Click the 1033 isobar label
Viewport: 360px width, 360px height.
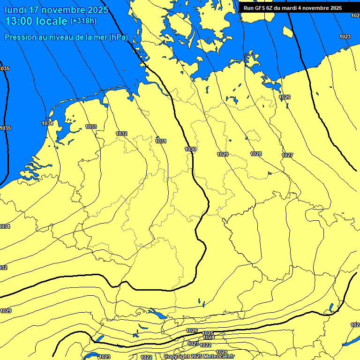[x=91, y=127]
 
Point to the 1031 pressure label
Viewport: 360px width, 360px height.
[x=161, y=141]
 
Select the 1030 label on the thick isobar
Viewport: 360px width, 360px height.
[x=190, y=149]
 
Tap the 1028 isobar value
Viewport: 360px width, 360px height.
[x=256, y=154]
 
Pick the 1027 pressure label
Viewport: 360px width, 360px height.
[x=287, y=155]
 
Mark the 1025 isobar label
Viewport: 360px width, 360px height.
[x=208, y=333]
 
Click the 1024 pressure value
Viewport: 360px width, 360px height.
[x=209, y=337]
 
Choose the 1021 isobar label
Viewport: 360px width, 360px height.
[x=222, y=352]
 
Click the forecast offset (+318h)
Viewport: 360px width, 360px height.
[x=83, y=21]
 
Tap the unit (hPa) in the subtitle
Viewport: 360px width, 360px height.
[x=118, y=37]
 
